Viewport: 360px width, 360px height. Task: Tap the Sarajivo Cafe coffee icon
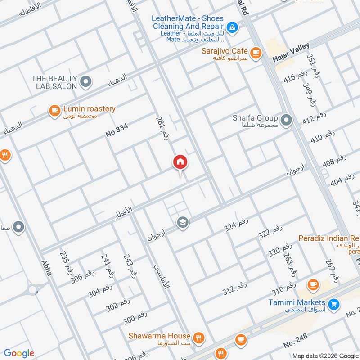click(256, 53)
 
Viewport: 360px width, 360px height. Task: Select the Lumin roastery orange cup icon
click(54, 111)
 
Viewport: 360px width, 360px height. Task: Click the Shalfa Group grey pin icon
click(285, 120)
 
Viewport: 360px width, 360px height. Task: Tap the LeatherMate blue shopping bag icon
click(231, 28)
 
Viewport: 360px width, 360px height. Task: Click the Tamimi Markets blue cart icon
click(333, 305)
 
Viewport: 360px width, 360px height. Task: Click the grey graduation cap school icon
click(182, 223)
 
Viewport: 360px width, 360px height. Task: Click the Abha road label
click(47, 270)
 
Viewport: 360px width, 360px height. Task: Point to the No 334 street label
click(117, 130)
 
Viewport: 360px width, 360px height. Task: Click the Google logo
click(19, 353)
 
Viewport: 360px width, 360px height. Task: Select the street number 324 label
click(236, 225)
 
